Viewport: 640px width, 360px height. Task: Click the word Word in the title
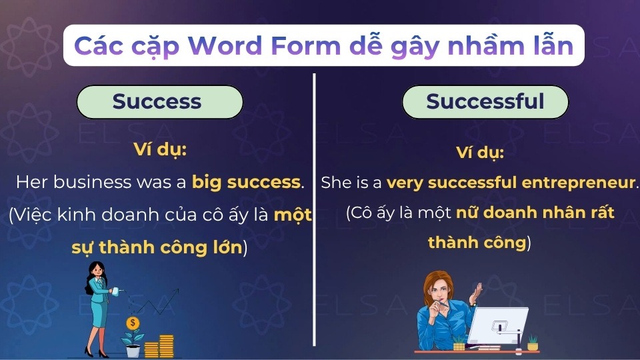coord(225,46)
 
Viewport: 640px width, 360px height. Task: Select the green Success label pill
coord(159,101)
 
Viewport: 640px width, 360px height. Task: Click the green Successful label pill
coord(485,101)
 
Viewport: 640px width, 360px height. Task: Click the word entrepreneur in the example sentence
coord(579,183)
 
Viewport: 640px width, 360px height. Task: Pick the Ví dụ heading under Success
coord(159,150)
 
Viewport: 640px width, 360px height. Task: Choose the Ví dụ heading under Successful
coord(479,153)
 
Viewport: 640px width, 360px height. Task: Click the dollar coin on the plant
coord(133,323)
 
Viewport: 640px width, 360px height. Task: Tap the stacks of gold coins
coord(159,346)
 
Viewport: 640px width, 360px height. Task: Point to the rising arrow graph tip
coord(179,289)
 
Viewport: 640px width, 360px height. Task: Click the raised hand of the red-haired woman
coord(475,293)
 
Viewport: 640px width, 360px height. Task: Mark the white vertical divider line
coord(314,210)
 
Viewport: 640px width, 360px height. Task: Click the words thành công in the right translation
coord(477,243)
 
